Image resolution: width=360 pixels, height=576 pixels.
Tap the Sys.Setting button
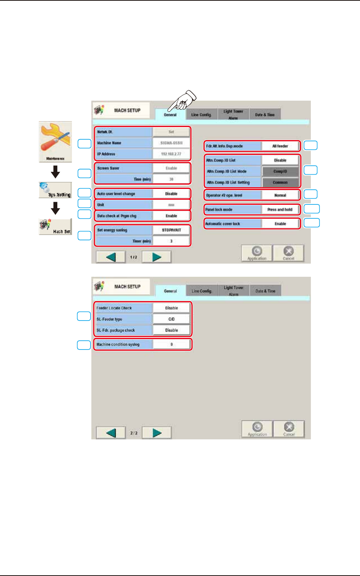55,190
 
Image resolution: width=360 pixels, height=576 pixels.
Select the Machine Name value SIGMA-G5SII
171,143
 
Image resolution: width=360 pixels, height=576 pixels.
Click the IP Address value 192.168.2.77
171,154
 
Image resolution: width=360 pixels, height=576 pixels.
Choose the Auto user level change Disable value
171,194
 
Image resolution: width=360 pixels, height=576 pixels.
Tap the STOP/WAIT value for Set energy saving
171,230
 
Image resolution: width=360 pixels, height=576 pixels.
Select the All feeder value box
280,146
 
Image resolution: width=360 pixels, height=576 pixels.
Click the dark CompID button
280,171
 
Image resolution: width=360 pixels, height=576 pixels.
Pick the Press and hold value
280,209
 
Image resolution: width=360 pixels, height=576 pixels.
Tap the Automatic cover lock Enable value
280,224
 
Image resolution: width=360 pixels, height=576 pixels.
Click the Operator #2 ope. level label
233,195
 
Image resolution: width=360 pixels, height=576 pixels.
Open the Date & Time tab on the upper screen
265,115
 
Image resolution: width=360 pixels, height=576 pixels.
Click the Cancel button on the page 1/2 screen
288,253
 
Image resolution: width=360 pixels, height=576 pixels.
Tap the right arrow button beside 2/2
157,433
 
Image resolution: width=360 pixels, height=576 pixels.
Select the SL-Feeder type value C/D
171,319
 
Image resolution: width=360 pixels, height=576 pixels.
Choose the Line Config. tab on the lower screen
201,291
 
